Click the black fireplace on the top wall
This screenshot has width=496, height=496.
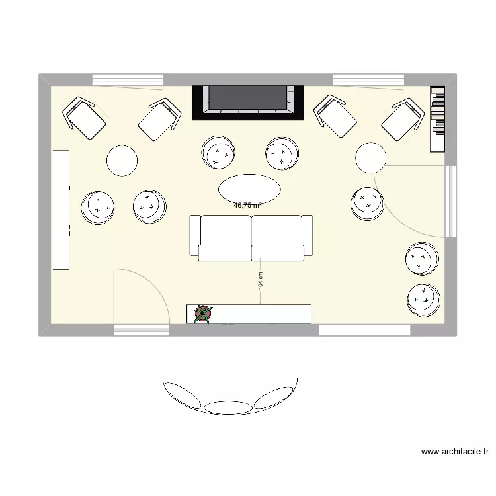click(248, 101)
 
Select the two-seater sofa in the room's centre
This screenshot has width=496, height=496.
click(251, 236)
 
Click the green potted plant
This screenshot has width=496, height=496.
click(204, 314)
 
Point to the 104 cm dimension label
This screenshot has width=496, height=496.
click(261, 282)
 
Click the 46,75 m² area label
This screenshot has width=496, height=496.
click(247, 205)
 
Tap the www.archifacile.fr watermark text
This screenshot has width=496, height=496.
click(455, 452)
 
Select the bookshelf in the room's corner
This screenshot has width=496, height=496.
click(438, 118)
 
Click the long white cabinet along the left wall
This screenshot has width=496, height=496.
click(61, 210)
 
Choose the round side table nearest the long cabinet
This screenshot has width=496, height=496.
click(122, 161)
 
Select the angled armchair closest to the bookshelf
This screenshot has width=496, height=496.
click(403, 120)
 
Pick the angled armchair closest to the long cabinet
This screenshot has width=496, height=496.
click(85, 118)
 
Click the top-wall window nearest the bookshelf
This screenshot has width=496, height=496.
click(368, 80)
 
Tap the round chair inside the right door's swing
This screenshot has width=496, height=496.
click(367, 203)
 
